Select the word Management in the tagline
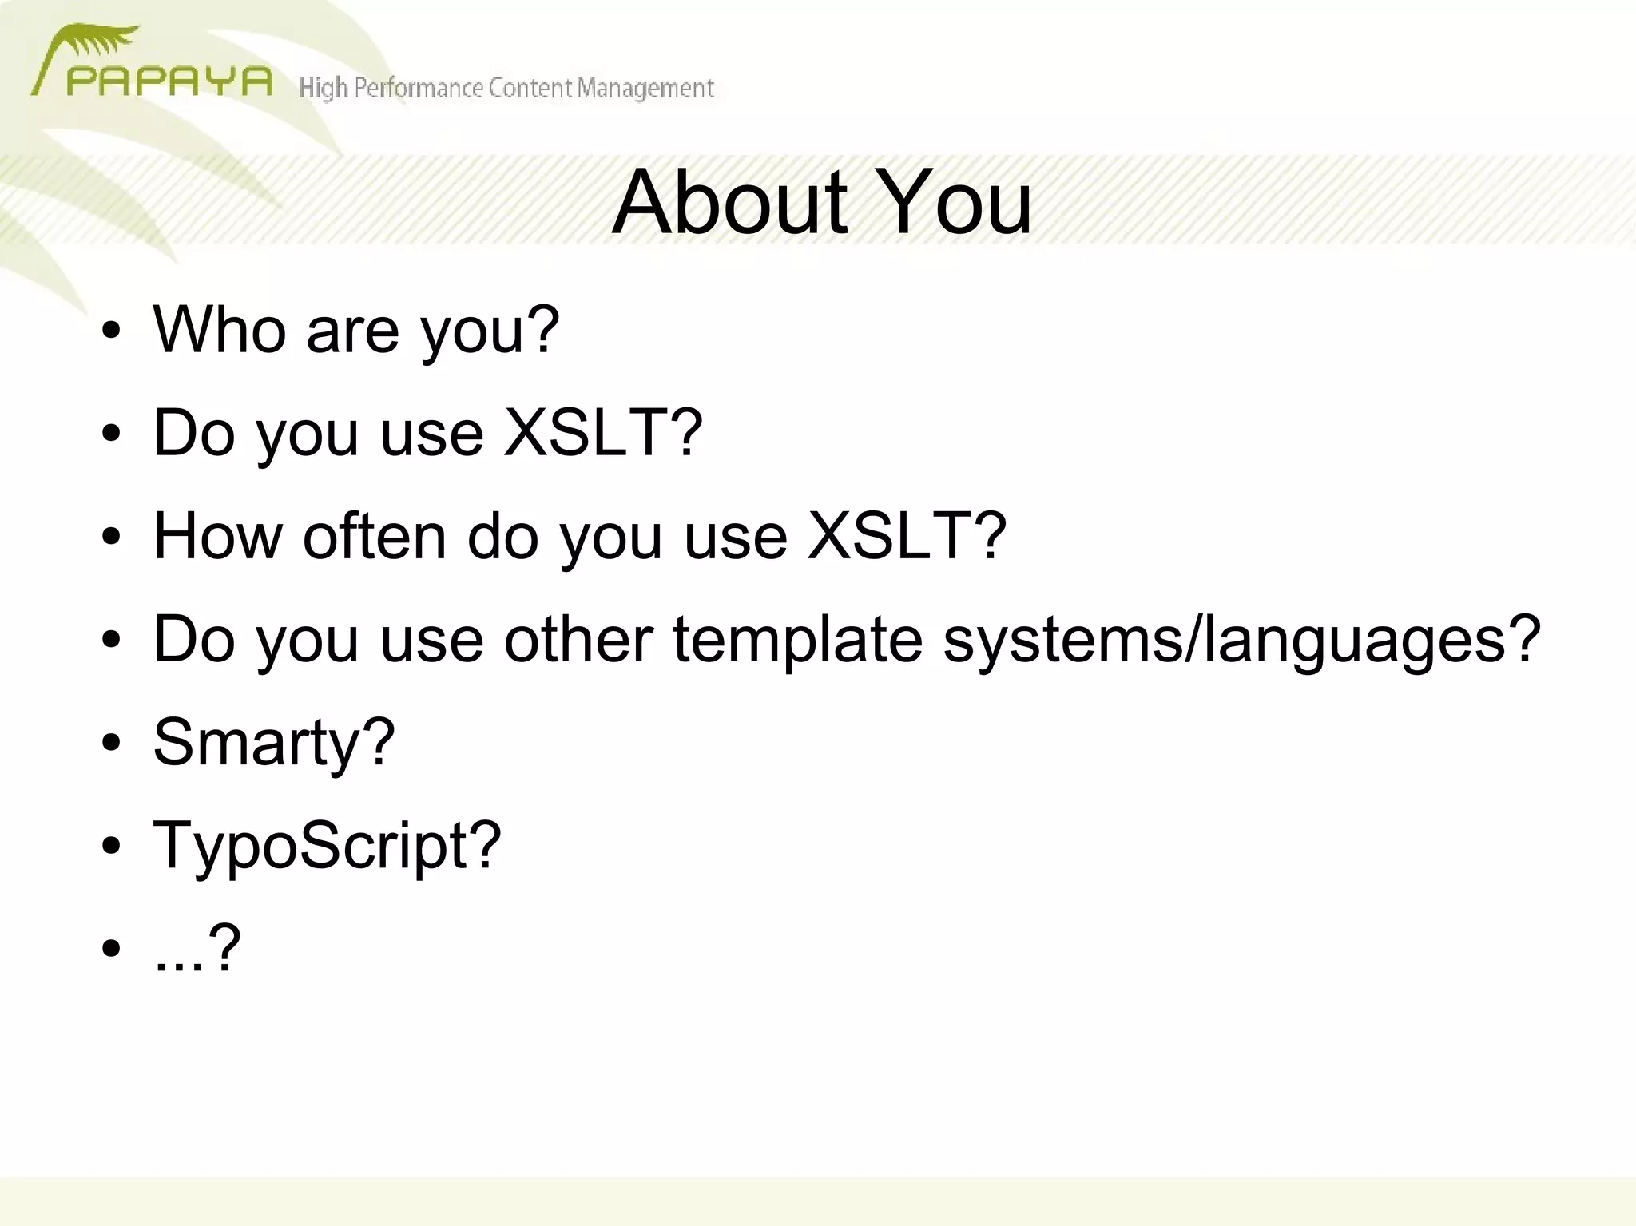point(645,88)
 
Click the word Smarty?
point(274,743)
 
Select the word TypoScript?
point(327,846)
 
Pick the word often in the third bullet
point(375,536)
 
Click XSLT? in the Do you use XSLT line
point(603,432)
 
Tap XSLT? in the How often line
point(907,536)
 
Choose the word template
point(798,640)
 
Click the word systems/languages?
point(1241,640)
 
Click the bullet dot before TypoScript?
point(111,845)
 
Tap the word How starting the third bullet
point(217,536)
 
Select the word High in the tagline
point(323,88)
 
